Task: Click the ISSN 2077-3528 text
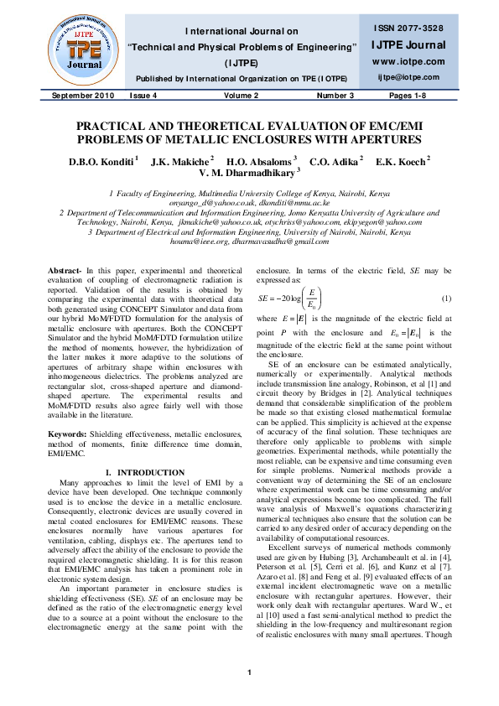407,29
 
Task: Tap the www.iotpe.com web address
407,61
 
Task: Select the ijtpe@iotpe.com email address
407,77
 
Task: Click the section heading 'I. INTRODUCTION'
134,402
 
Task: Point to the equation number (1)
447,276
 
